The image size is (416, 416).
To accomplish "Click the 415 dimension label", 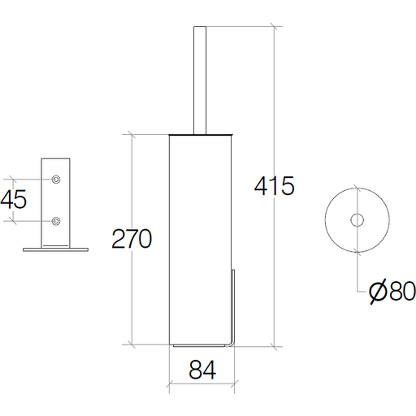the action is pos(274,186).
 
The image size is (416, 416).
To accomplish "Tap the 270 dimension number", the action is pos(132,239).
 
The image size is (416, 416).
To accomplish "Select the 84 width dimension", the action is pos(202,370).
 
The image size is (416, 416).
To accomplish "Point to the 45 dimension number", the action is pos(14,199).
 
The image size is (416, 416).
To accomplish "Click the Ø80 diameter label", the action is pos(392,291).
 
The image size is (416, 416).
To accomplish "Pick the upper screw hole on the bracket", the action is pos(56,180).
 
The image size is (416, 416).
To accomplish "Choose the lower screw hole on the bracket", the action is pos(56,221).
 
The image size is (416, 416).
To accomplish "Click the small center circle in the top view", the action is pos(357,220).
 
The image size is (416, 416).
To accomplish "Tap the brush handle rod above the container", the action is pos(200,80).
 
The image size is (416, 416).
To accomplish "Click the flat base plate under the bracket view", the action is pos(55,249).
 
